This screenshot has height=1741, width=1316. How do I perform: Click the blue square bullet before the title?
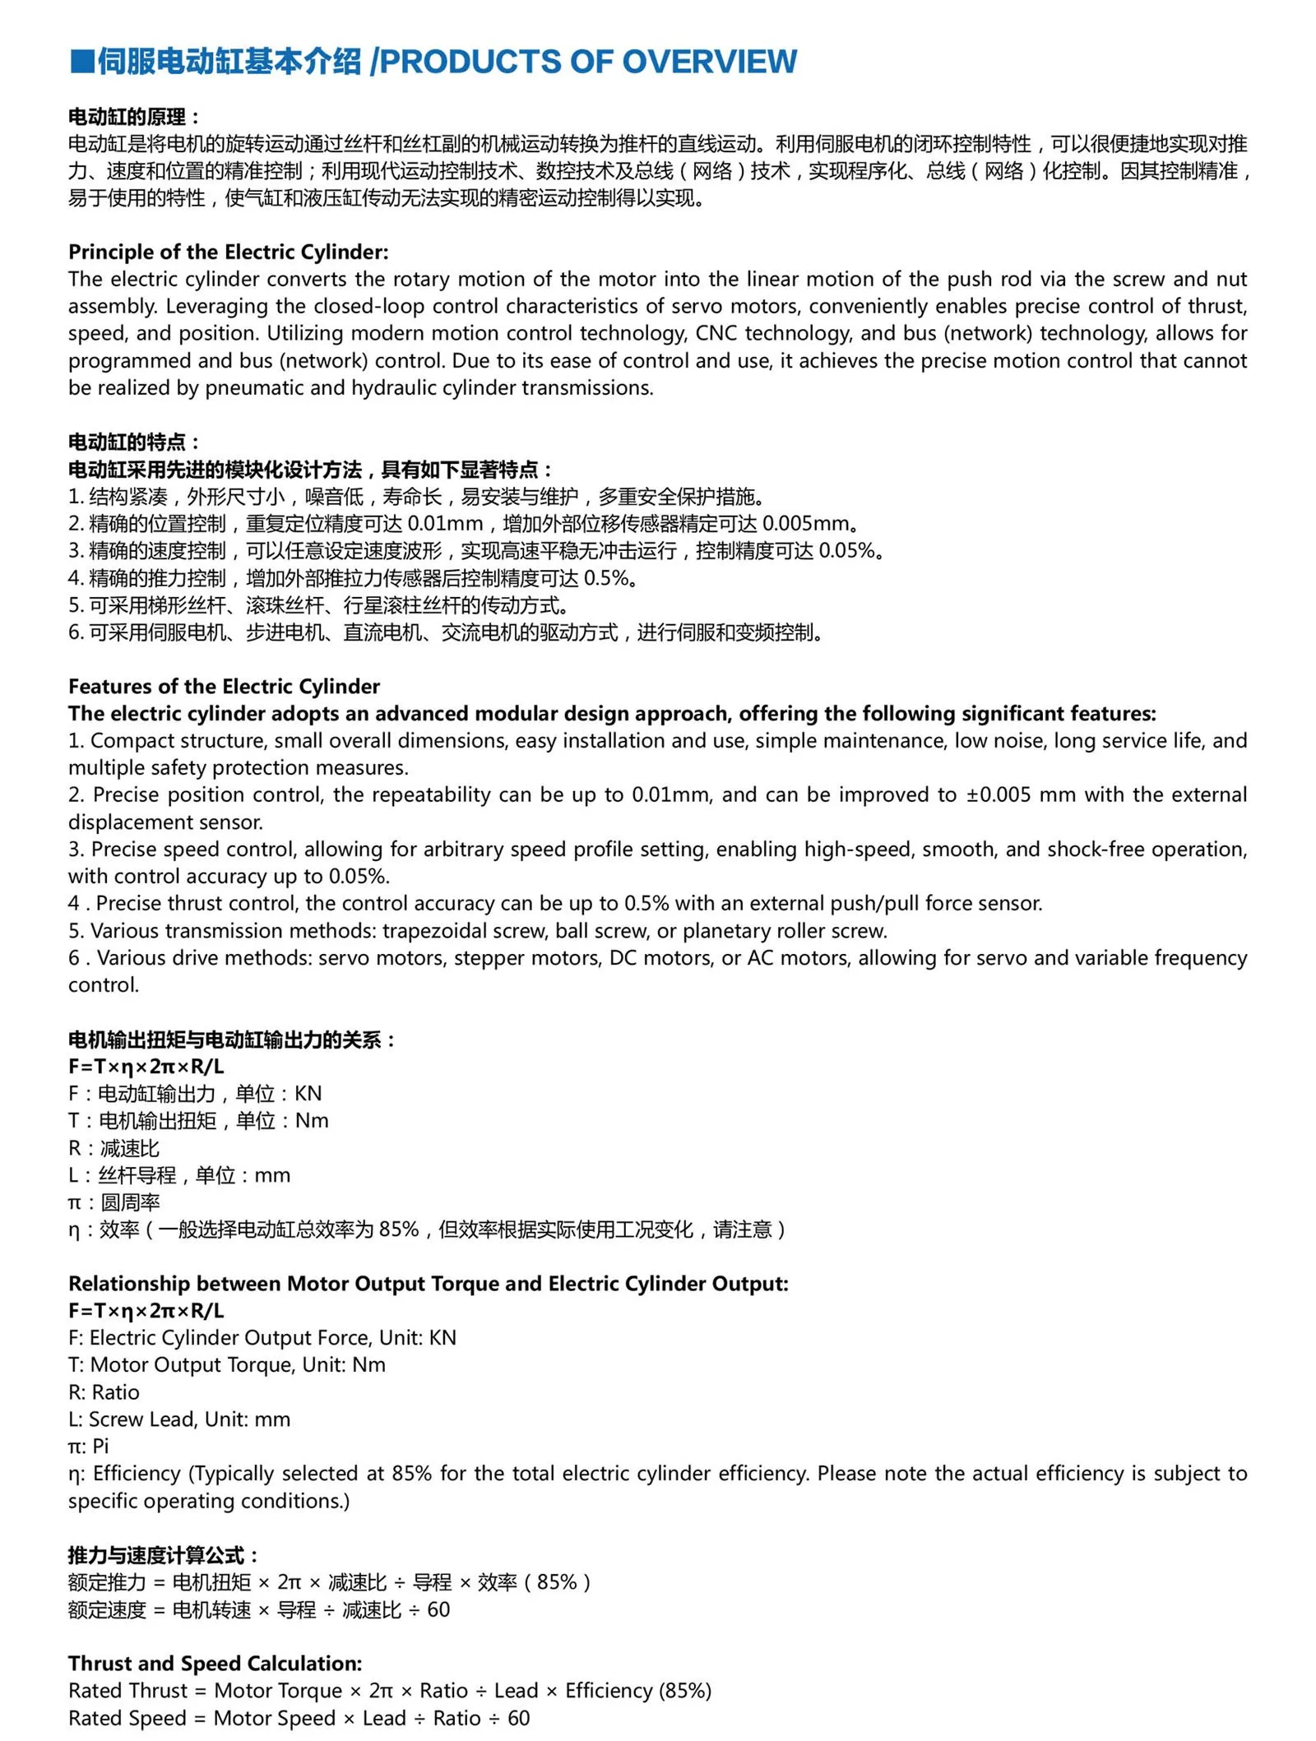[x=81, y=62]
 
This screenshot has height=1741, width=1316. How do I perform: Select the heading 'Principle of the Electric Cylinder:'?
[x=228, y=252]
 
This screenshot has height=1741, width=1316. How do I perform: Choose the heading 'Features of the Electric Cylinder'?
[x=224, y=686]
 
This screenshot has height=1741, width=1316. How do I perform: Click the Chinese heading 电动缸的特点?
[x=127, y=442]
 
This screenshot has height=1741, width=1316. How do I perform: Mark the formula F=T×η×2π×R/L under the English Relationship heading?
[x=146, y=1310]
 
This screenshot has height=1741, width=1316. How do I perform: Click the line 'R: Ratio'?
[x=104, y=1391]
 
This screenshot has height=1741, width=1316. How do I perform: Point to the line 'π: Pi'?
[x=88, y=1446]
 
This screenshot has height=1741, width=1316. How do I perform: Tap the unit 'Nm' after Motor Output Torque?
[x=368, y=1364]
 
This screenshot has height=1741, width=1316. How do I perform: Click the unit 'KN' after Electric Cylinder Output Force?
[x=443, y=1337]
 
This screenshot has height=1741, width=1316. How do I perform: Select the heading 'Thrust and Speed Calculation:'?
[x=215, y=1663]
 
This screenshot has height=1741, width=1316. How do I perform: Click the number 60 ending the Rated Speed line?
[x=518, y=1717]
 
